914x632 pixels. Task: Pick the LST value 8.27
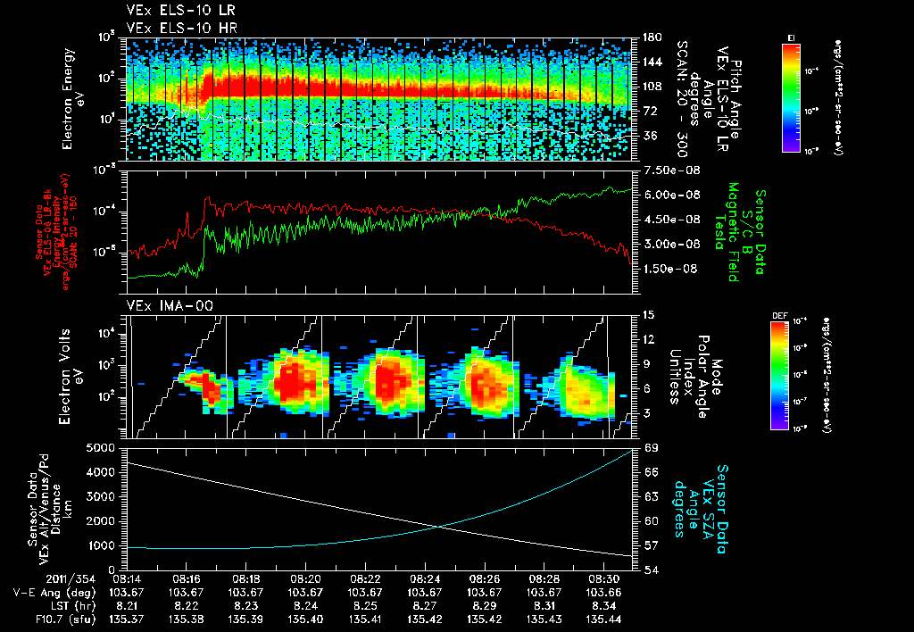click(424, 605)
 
